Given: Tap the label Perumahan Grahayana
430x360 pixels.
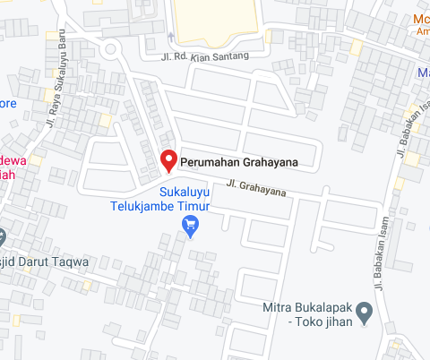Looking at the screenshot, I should (237, 162).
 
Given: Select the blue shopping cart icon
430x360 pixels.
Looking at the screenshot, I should (190, 227).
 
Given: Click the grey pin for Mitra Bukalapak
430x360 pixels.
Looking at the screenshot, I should (364, 313).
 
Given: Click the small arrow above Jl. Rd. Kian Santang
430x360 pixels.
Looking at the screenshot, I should (170, 38).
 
